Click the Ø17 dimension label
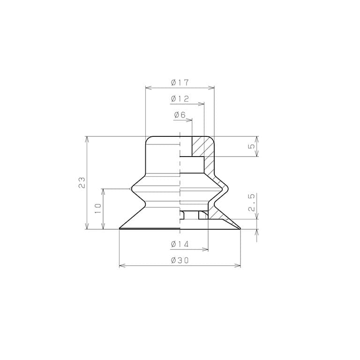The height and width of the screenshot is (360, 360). point(180,82)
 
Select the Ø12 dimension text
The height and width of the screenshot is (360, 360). point(180,99)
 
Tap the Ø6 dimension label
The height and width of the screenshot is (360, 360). point(180,115)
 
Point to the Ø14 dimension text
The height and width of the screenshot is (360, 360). point(180,244)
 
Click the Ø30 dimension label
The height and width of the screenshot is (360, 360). point(180,260)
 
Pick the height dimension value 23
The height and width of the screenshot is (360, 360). point(82,182)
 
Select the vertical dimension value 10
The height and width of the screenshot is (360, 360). point(98,209)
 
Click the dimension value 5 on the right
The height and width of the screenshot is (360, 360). point(252,146)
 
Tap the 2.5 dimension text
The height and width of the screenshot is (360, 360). point(252,202)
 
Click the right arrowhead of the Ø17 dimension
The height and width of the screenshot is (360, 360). point(211,88)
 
